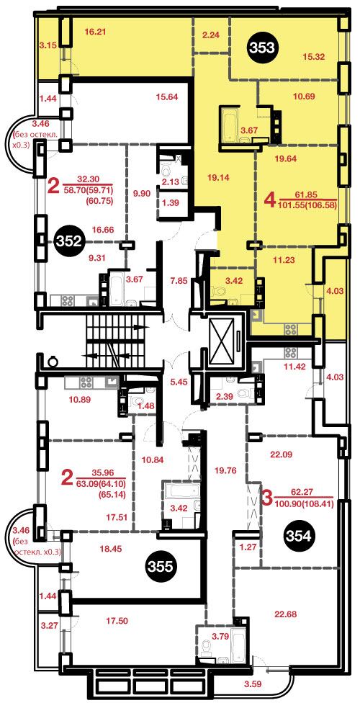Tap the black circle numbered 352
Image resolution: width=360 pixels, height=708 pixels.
70,241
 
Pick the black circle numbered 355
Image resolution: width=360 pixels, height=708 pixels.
161,567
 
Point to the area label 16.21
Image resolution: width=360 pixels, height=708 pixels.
95,32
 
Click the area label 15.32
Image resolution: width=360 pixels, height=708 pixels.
315,56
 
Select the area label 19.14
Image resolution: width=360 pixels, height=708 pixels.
220,177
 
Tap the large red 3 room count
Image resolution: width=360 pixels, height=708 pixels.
267,500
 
